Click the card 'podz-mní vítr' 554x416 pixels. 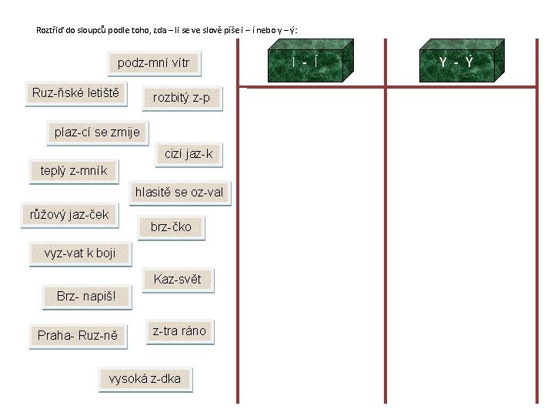153,63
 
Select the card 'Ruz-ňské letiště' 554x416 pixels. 75,94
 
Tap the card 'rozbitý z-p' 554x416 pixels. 182,98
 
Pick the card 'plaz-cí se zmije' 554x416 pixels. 97,132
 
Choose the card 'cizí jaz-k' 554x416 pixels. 189,154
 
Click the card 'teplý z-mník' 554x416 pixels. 74,171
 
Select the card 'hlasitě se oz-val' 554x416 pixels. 179,193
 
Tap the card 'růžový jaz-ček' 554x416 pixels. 69,215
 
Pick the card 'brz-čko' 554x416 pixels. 171,227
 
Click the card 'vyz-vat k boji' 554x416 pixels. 80,253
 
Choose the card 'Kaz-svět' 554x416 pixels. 177,280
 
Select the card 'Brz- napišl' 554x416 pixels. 85,297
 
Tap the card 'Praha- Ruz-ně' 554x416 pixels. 78,336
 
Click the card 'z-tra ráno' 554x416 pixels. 179,331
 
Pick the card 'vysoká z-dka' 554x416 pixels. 145,379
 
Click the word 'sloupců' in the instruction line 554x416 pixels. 95,31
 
